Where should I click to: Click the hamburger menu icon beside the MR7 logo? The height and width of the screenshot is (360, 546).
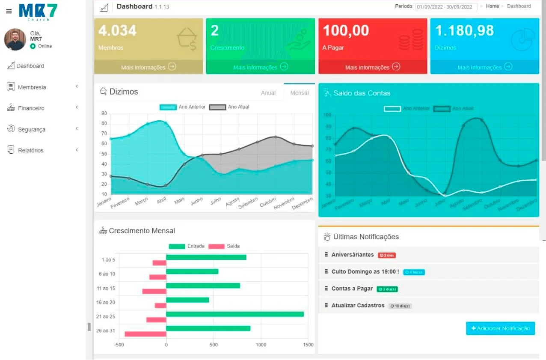point(9,11)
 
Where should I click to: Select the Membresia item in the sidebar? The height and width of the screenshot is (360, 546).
point(32,87)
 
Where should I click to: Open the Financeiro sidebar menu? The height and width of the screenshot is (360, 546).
point(31,108)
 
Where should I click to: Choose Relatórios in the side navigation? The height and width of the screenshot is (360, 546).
point(30,151)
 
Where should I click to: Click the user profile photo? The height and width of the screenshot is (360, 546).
point(15,39)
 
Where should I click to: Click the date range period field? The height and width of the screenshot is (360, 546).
point(446,7)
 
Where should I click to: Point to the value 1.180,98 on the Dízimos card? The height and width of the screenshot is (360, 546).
point(464,31)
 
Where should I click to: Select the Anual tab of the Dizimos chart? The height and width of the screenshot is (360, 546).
point(268,93)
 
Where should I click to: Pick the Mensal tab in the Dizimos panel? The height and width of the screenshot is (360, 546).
point(299,93)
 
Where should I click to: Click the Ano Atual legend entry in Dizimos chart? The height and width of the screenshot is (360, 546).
point(229,107)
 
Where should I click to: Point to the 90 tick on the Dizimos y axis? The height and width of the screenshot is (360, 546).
point(104,113)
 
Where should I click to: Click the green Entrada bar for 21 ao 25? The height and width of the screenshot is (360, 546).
point(234,314)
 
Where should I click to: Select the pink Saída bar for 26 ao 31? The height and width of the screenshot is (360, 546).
point(145,334)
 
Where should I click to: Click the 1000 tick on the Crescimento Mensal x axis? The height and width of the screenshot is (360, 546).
point(261,345)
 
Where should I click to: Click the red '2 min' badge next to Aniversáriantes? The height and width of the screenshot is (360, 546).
point(387,256)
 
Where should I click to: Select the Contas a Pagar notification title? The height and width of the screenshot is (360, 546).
point(352,289)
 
